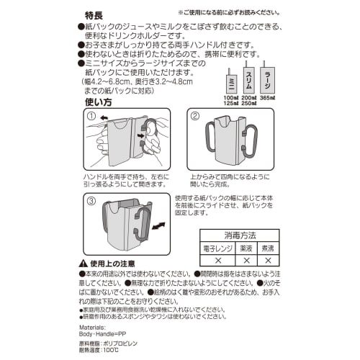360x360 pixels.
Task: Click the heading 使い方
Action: click(x=98, y=102)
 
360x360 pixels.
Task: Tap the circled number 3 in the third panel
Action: click(x=91, y=202)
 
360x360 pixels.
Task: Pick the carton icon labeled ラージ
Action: click(x=268, y=75)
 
